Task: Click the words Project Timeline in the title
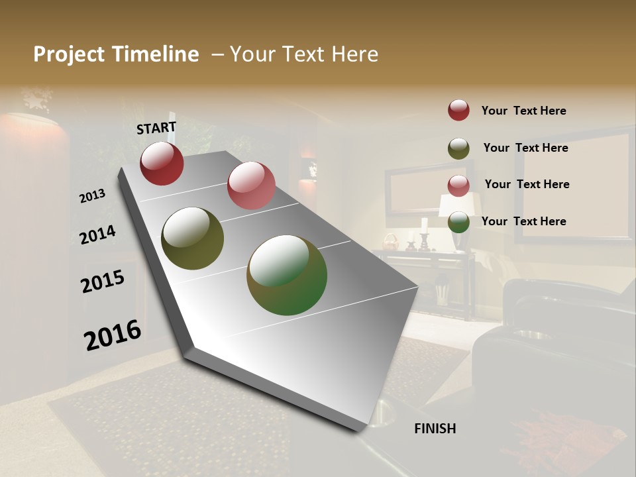point(116,54)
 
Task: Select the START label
point(156,128)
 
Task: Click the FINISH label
point(435,429)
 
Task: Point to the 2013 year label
point(93,196)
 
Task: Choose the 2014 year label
point(97,235)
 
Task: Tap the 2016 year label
point(113,335)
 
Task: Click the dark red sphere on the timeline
point(162,164)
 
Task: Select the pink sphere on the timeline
point(251,185)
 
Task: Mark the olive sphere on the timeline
point(192,238)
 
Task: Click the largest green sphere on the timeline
point(287,275)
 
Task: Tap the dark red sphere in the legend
point(458,110)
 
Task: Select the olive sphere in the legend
point(458,148)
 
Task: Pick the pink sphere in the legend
point(458,185)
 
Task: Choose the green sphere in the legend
point(458,222)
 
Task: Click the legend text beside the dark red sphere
point(523,111)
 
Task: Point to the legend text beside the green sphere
point(523,221)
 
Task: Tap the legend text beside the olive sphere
point(525,148)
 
